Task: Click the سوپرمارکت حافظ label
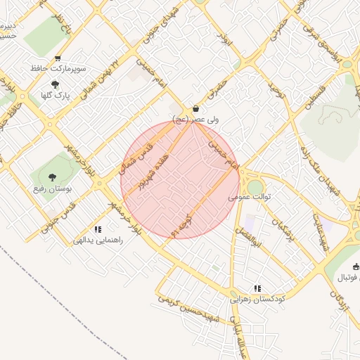(x=58, y=69)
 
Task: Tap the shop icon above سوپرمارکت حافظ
(x=58, y=58)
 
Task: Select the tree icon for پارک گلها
(x=55, y=84)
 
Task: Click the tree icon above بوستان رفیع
(x=51, y=176)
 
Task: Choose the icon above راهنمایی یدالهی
(x=98, y=229)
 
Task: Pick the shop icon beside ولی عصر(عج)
(x=195, y=109)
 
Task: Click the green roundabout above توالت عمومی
(x=255, y=186)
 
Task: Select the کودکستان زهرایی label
(x=256, y=299)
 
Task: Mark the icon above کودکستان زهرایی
(x=257, y=288)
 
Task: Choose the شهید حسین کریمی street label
(x=191, y=307)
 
